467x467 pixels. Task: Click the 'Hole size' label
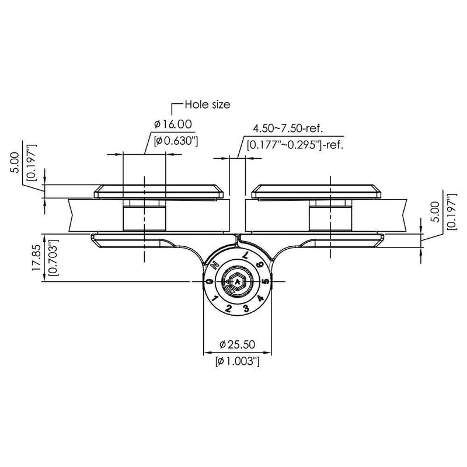[207, 105]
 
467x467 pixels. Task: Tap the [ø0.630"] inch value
[173, 140]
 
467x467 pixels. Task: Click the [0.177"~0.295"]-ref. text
[295, 144]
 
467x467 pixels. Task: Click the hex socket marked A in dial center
[238, 282]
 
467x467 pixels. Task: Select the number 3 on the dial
[246, 308]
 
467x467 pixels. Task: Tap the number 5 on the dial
[266, 282]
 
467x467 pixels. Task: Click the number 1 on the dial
[215, 299]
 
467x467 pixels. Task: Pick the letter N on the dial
[215, 264]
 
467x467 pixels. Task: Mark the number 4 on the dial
[260, 299]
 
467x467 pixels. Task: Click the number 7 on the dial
[246, 256]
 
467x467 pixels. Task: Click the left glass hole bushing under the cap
[143, 217]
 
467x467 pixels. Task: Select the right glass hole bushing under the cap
[331, 217]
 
